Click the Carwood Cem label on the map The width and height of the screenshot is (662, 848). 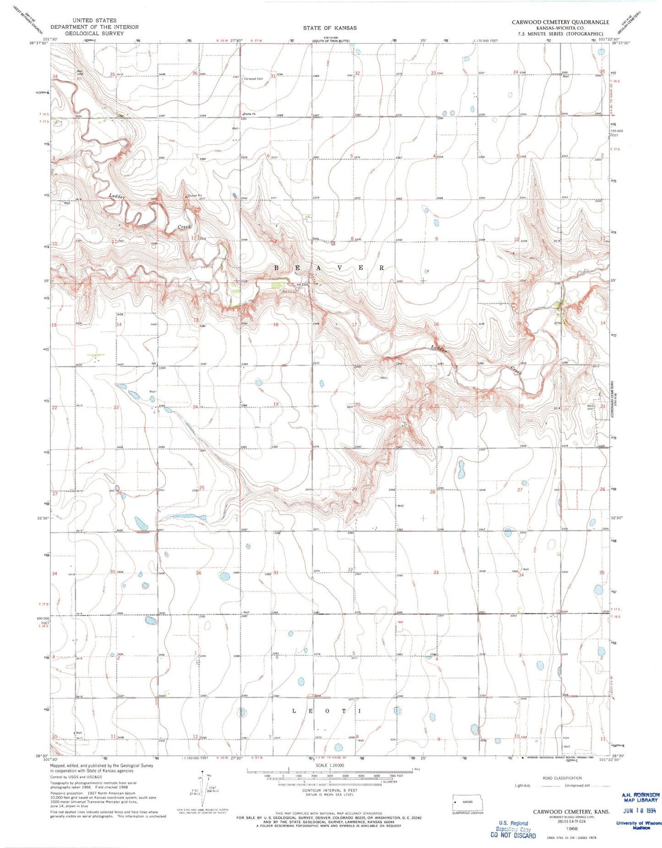coord(253,79)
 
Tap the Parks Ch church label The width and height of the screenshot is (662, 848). coord(249,114)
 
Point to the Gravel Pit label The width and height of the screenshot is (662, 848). coord(195,196)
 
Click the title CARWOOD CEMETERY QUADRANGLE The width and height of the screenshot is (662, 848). coord(560,22)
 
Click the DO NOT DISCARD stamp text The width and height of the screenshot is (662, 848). coord(513,835)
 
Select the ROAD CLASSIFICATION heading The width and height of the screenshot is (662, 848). coord(562,778)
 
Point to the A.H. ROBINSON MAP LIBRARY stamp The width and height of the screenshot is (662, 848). coord(640,797)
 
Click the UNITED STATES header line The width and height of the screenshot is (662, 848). coord(94,20)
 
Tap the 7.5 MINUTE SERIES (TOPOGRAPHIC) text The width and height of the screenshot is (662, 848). coord(560,33)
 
